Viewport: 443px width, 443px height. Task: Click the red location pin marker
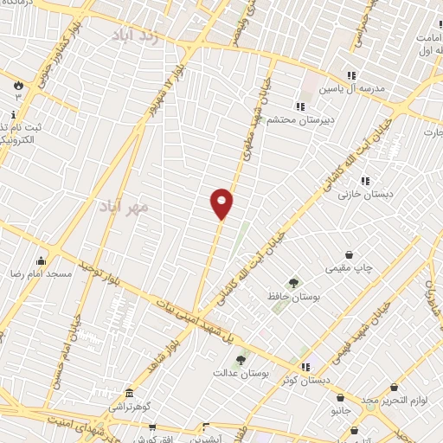pos(222,203)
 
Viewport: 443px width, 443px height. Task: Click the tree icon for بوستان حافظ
pos(293,282)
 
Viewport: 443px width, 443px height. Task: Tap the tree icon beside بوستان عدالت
pos(241,359)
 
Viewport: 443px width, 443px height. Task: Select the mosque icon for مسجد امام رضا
pos(40,260)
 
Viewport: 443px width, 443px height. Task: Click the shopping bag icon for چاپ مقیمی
pos(349,255)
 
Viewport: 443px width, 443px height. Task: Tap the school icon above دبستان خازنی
pos(365,181)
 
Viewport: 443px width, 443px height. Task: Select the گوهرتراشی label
pos(130,406)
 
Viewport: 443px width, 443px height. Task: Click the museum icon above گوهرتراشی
pos(129,393)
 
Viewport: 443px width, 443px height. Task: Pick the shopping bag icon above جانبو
pos(340,398)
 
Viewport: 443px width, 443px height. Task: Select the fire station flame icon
pos(17,84)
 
